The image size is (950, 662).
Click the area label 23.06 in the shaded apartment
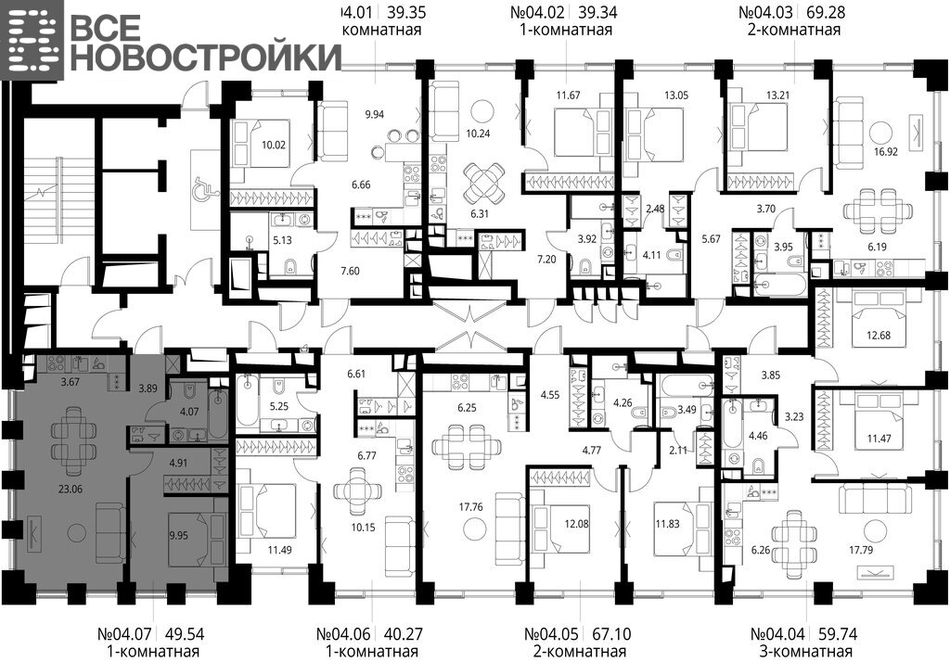tap(71, 489)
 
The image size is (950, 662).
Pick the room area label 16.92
tap(885, 152)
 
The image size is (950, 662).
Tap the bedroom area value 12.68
tap(878, 335)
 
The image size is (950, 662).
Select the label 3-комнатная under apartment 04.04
tap(804, 652)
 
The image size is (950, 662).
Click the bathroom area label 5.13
tap(282, 240)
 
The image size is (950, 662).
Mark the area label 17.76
tap(470, 507)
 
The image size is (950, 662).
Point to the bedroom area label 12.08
tap(576, 524)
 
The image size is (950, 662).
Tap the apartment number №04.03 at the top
tap(766, 12)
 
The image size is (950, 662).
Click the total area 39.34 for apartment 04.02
tap(597, 12)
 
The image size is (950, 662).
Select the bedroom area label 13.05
tap(676, 95)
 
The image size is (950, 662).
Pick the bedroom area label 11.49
tap(280, 550)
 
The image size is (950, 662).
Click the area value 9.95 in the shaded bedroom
tap(179, 535)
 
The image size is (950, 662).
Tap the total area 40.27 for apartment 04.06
tap(404, 634)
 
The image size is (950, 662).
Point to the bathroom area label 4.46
tap(758, 435)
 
